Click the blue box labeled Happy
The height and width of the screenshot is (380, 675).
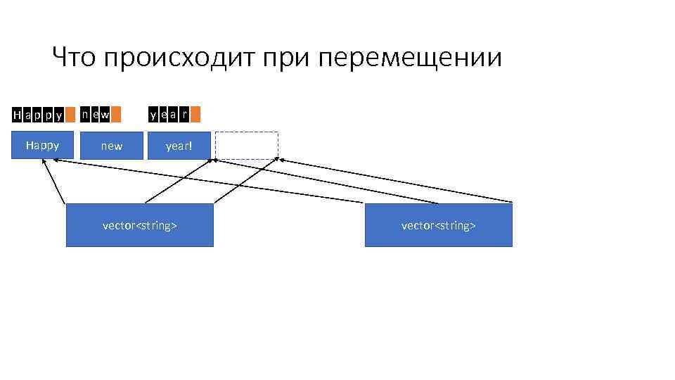[x=42, y=146]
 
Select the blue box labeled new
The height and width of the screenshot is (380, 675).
[x=111, y=146]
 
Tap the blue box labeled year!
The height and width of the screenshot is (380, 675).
[x=179, y=146]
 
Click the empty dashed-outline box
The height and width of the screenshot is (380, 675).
[x=247, y=146]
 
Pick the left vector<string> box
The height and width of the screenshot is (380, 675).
[x=139, y=225]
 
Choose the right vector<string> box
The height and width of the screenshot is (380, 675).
[x=438, y=225]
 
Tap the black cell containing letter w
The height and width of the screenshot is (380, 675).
[x=105, y=114]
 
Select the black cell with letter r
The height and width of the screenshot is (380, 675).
[x=184, y=114]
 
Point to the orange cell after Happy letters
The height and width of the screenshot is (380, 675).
[x=70, y=114]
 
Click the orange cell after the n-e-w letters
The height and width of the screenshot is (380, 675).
[x=116, y=114]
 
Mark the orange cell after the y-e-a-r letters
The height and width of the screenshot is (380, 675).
[x=195, y=114]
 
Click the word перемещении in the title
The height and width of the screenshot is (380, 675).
[x=411, y=58]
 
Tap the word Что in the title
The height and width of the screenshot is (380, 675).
[x=74, y=58]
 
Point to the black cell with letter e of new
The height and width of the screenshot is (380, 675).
[x=95, y=114]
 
